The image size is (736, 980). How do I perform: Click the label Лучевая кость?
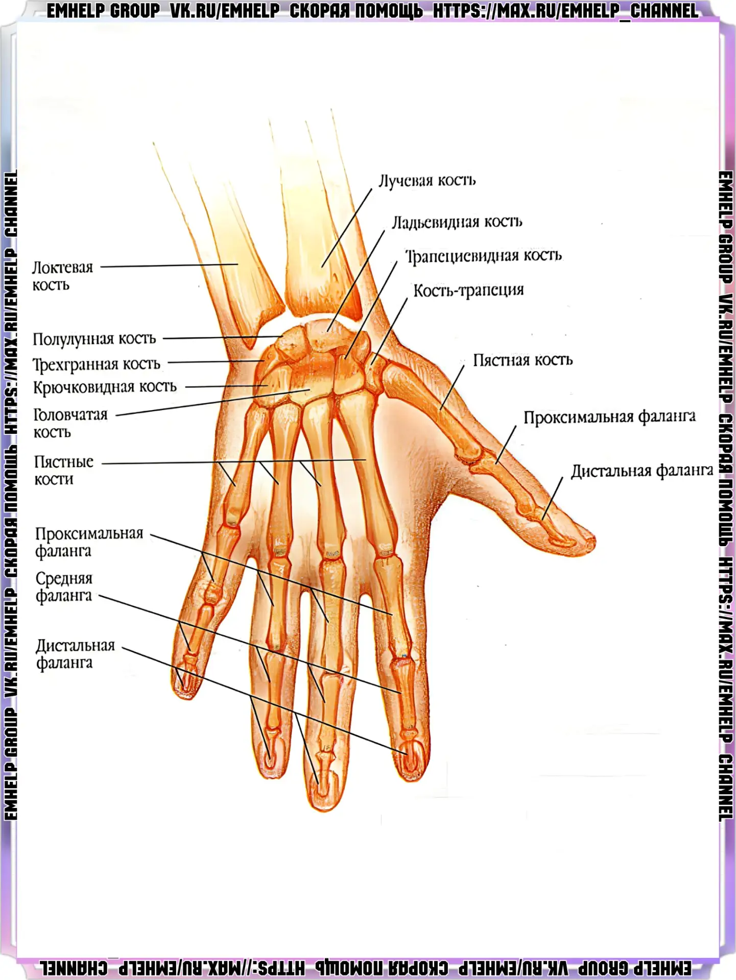click(x=427, y=181)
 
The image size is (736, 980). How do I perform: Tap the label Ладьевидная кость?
click(x=457, y=223)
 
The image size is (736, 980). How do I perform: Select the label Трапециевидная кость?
click(x=484, y=256)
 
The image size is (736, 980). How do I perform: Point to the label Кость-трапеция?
click(x=468, y=290)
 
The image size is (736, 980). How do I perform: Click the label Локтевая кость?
click(x=63, y=276)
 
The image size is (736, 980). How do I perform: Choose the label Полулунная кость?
click(x=94, y=339)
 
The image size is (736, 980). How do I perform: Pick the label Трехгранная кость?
click(x=97, y=364)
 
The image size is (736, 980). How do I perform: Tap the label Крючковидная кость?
click(x=105, y=387)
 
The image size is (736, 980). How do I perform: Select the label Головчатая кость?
click(x=70, y=423)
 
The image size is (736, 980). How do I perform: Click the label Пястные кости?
click(x=64, y=470)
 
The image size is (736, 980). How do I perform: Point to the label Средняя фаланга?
click(x=64, y=587)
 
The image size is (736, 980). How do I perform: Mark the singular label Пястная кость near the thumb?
click(x=523, y=360)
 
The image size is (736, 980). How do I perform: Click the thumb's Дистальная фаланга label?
click(x=642, y=471)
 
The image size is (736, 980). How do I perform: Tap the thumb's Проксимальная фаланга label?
click(x=609, y=418)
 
